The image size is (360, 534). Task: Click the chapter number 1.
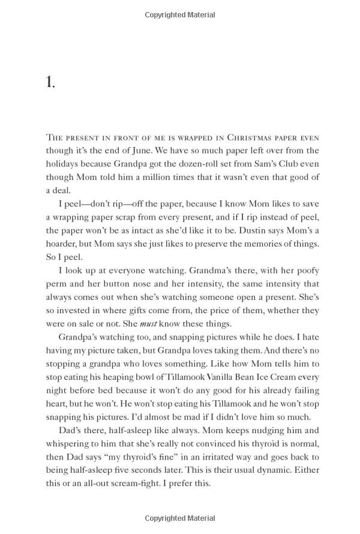(50, 83)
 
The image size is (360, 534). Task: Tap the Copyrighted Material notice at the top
(180, 14)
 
